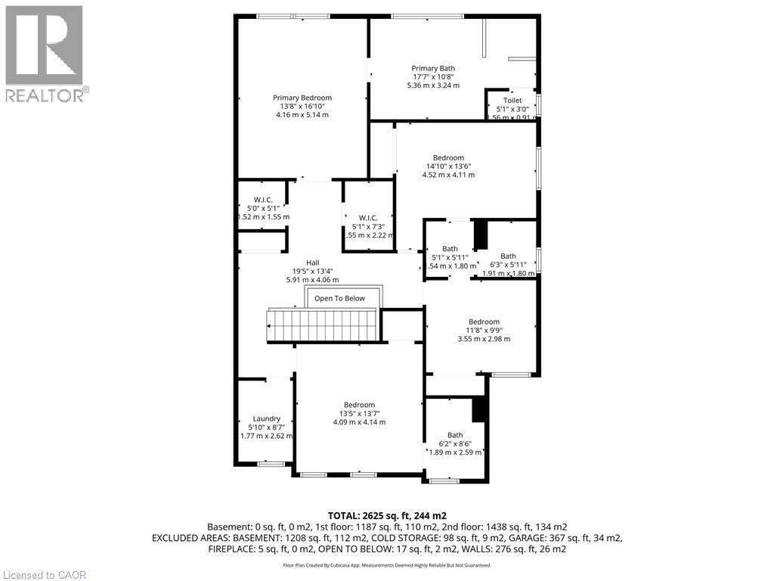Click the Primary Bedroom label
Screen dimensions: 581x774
(x=302, y=98)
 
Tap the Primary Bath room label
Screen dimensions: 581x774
(x=433, y=68)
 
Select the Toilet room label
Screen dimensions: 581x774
(x=512, y=100)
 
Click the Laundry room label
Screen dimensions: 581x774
(x=267, y=418)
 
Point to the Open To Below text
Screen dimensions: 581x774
(x=339, y=298)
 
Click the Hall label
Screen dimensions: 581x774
(x=291, y=263)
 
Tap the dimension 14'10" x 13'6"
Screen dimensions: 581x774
(x=448, y=166)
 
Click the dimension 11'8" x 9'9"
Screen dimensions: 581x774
(x=484, y=330)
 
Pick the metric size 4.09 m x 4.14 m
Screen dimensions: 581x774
(x=359, y=422)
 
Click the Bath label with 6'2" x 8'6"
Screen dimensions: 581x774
(x=455, y=435)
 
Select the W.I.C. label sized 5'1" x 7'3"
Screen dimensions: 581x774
(x=368, y=217)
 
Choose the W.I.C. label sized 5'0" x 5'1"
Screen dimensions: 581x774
(x=263, y=200)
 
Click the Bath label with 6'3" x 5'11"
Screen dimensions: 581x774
(x=509, y=256)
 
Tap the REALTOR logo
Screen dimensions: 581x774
(x=45, y=53)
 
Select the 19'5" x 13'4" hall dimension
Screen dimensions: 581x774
(x=291, y=271)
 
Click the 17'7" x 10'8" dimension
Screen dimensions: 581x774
(x=433, y=76)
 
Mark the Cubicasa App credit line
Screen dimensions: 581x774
(x=386, y=565)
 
